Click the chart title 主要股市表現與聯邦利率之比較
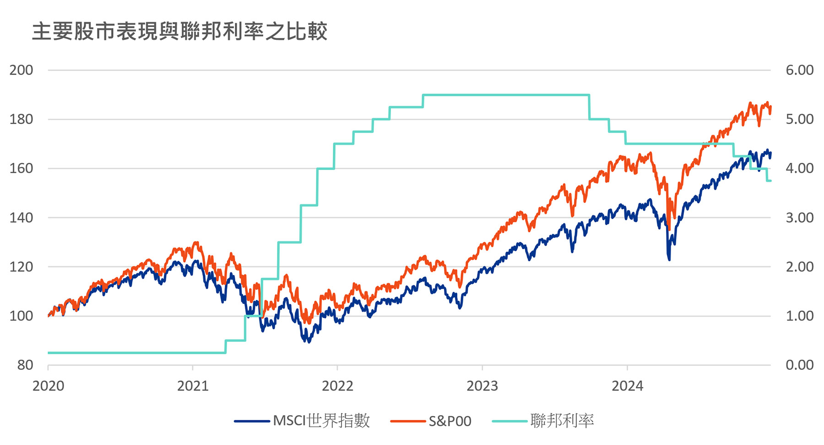[x=179, y=32]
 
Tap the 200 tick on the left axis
[x=22, y=70]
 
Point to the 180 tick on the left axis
[x=22, y=119]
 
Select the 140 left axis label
[x=22, y=218]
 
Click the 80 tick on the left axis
[x=25, y=365]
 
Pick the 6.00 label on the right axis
[x=799, y=70]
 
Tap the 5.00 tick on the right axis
[x=799, y=119]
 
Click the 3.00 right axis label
[x=799, y=218]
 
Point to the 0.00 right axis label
[x=799, y=365]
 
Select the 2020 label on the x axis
[x=48, y=386]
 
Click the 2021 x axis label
[x=193, y=386]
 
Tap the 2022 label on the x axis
[x=337, y=386]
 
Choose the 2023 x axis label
[x=482, y=386]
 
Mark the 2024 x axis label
[x=627, y=386]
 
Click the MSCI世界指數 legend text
[x=321, y=421]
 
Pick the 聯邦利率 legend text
[x=562, y=421]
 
